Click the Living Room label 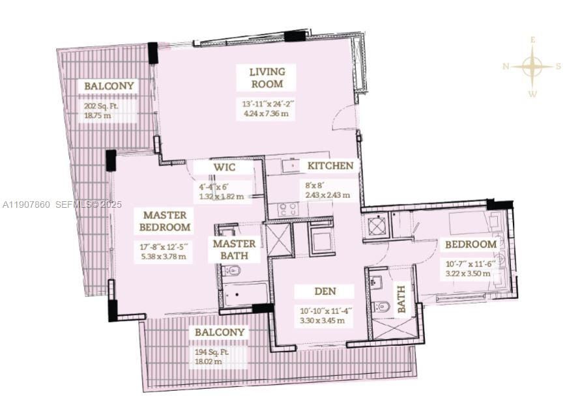267,78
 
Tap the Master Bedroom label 165,221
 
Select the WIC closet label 224,167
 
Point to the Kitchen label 330,165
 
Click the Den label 325,291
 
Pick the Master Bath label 234,249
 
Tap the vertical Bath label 401,299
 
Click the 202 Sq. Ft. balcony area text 101,106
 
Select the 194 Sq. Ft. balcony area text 212,352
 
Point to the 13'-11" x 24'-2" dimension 266,104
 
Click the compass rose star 532,66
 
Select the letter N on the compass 506,66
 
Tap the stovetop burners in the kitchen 288,209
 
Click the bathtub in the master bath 245,294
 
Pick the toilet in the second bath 381,307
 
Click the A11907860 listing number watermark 26,204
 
